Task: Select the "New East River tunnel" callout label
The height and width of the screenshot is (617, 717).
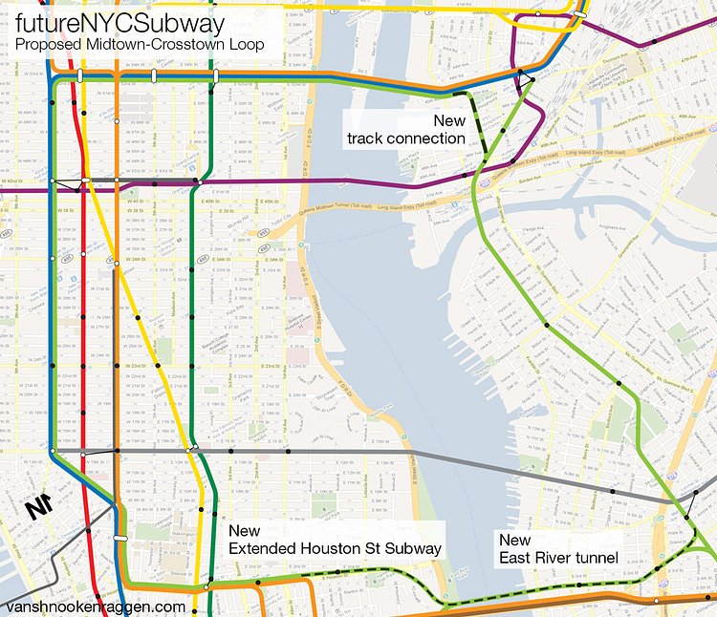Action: pos(559,548)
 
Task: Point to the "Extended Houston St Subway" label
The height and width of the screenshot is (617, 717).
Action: pos(335,547)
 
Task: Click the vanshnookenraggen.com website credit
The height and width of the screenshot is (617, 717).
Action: pos(95,606)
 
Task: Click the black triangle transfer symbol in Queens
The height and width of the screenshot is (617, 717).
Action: pos(525,82)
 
